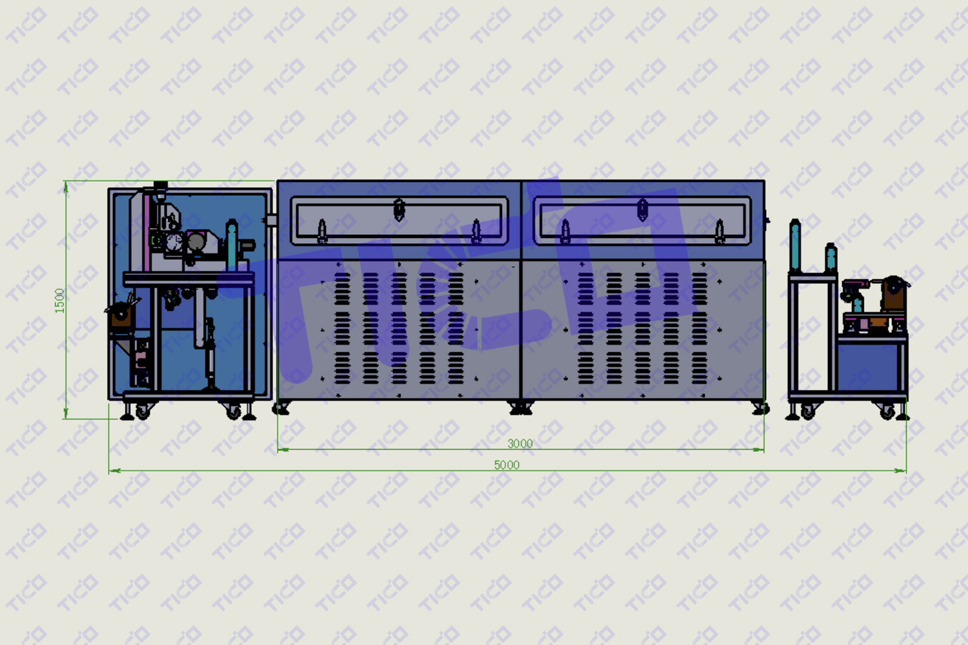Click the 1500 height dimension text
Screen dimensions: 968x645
59,301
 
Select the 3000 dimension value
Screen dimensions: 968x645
520,444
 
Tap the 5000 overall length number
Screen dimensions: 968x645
507,465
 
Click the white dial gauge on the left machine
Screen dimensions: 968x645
174,242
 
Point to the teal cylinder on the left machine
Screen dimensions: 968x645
232,245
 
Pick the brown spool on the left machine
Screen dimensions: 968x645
121,315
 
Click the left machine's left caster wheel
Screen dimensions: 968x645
142,412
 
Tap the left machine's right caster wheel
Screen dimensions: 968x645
234,412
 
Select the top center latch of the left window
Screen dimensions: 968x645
399,210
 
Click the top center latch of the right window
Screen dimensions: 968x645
642,210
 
